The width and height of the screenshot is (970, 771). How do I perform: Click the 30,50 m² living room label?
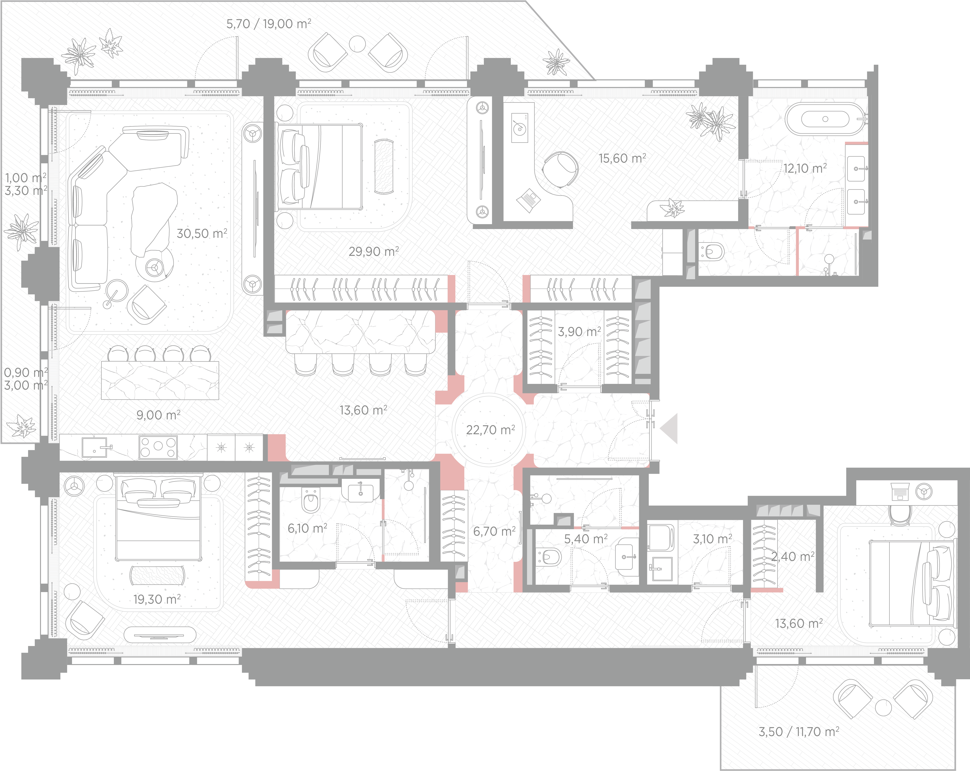coord(202,233)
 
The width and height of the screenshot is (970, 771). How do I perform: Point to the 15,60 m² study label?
coord(622,158)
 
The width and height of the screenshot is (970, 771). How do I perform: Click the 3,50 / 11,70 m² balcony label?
coord(799,731)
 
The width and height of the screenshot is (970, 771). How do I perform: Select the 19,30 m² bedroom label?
coord(157,599)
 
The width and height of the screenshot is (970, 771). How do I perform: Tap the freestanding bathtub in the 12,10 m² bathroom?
coord(825,119)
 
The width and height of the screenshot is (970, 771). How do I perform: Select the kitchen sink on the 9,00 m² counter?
coord(94,447)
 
